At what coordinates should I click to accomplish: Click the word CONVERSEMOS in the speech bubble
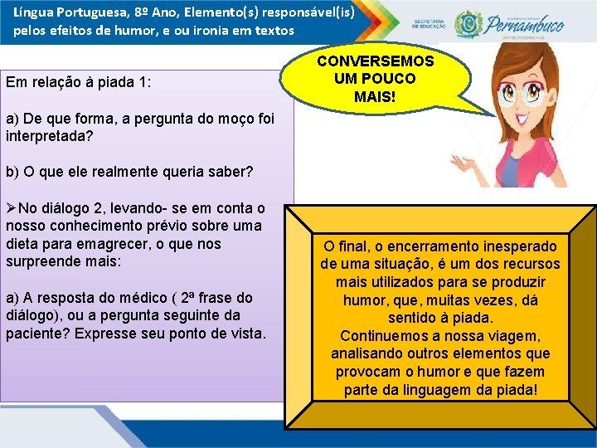[375, 61]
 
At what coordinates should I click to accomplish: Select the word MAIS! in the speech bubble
[375, 96]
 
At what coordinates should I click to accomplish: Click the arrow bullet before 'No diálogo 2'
[12, 208]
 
